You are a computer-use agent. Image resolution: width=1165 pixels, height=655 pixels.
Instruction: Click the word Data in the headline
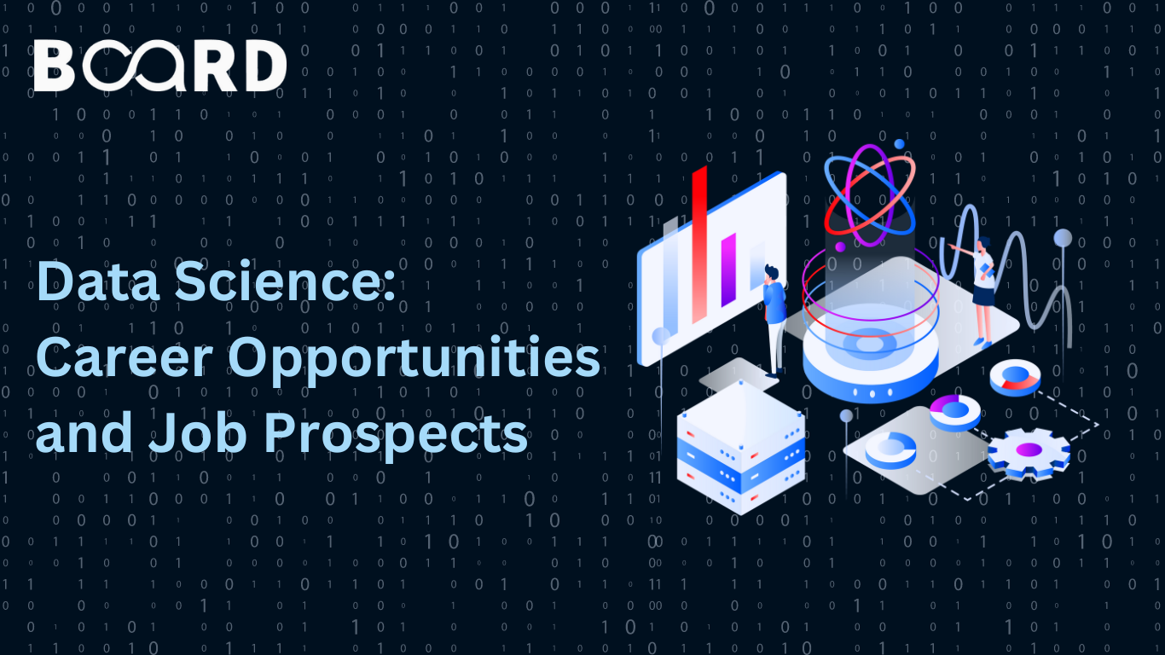[x=97, y=281]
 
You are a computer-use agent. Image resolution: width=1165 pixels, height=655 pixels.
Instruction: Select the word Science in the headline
[x=285, y=281]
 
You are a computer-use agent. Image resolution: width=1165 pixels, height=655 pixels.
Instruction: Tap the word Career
[x=125, y=358]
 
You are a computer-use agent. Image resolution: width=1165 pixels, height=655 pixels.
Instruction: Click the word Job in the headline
[x=197, y=432]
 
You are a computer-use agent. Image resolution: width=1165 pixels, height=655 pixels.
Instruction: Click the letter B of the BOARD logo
[x=54, y=66]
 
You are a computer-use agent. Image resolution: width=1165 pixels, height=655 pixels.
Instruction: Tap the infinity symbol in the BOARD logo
[x=134, y=66]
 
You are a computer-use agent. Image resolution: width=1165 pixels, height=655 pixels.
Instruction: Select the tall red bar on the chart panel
[x=699, y=245]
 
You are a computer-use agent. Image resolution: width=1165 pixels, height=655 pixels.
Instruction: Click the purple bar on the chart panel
[x=728, y=270]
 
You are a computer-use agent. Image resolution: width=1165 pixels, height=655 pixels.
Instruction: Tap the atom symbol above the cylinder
[x=870, y=195]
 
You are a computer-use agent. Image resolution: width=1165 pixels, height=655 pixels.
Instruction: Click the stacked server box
[x=740, y=448]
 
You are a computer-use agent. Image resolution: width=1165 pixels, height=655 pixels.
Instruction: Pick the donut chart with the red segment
[x=1015, y=378]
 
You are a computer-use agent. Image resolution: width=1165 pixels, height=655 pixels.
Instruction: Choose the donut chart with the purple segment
[x=955, y=413]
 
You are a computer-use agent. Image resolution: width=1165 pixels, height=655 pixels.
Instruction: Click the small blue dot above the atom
[x=899, y=144]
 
